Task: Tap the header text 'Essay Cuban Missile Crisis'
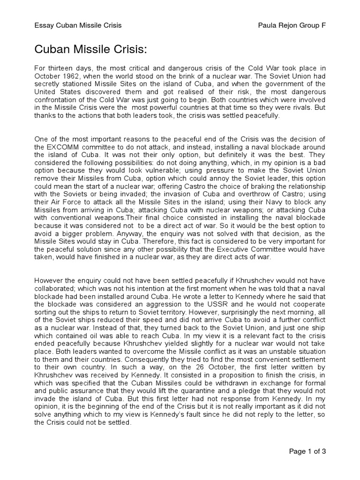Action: coord(78,25)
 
